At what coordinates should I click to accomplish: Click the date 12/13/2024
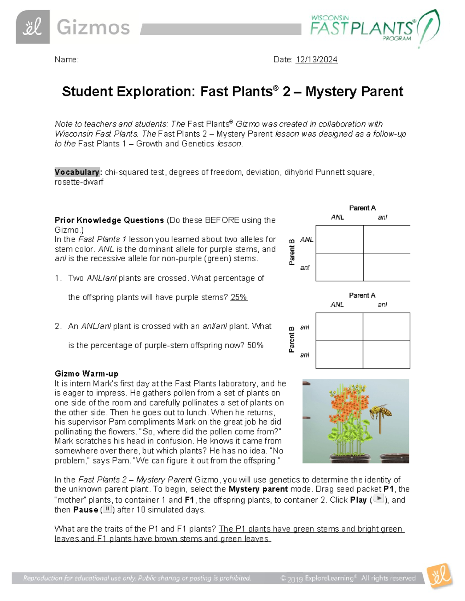click(x=317, y=60)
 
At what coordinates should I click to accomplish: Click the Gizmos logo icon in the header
click(x=33, y=27)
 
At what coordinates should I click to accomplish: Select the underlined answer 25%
click(x=239, y=298)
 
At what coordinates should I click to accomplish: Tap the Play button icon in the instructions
click(x=379, y=499)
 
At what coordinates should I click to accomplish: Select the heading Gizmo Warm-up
click(x=86, y=374)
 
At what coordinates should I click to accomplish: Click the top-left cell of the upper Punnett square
click(x=339, y=240)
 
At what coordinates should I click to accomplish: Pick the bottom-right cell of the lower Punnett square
click(x=386, y=354)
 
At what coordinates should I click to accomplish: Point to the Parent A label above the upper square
click(x=362, y=208)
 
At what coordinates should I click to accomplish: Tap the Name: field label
click(x=66, y=60)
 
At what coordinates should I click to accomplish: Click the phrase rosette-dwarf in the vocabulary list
click(x=79, y=182)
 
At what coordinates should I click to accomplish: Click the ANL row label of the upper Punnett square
click(x=307, y=240)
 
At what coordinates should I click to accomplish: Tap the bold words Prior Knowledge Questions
click(x=109, y=220)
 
